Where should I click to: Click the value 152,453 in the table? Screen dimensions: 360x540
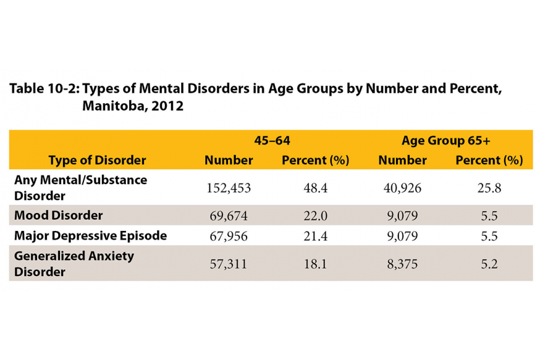(x=229, y=188)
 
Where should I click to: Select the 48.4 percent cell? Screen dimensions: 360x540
(x=315, y=188)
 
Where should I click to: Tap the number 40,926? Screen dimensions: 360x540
(x=402, y=188)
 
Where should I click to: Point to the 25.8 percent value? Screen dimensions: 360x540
(x=489, y=188)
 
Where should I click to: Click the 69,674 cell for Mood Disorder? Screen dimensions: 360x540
(x=229, y=215)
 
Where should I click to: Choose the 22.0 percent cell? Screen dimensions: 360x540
(x=315, y=215)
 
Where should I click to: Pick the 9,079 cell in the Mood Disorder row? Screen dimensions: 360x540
(x=402, y=215)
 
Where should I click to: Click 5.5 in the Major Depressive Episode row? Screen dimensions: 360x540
(x=489, y=236)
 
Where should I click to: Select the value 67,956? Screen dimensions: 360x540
(x=229, y=236)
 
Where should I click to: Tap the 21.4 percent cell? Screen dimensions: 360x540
(x=315, y=236)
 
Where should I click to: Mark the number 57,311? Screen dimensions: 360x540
(x=229, y=263)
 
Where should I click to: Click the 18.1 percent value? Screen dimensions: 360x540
(x=315, y=263)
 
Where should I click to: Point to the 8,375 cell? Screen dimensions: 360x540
(x=402, y=263)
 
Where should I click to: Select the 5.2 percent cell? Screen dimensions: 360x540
(x=489, y=263)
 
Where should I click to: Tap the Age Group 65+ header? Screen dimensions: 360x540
(x=446, y=141)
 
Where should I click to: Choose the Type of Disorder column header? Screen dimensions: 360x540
(x=97, y=160)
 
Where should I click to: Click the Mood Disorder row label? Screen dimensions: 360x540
(x=58, y=215)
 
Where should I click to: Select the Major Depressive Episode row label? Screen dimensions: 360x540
(x=90, y=235)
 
